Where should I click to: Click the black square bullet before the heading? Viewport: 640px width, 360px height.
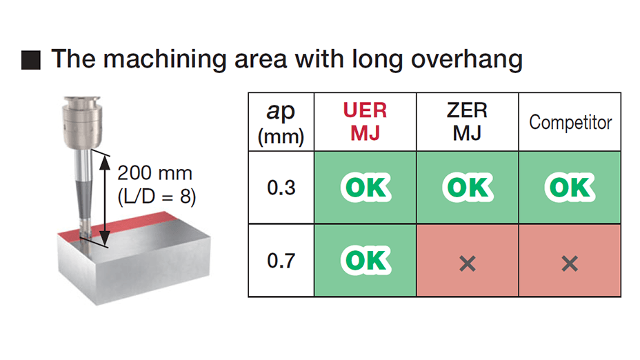[x=31, y=60]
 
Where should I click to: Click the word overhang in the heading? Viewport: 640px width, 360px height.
[x=466, y=59]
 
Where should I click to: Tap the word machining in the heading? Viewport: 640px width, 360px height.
[x=165, y=59]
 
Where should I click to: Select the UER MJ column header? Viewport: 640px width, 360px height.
[x=365, y=121]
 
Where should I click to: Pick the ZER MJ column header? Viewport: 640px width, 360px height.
[x=467, y=121]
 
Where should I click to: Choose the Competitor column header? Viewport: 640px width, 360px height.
[x=570, y=122]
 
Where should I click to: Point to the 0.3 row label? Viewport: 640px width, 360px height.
[x=281, y=188]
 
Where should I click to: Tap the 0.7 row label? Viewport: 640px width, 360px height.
[x=281, y=261]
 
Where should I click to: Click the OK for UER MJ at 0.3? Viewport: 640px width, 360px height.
[x=366, y=188]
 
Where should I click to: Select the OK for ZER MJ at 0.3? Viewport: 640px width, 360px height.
[x=468, y=188]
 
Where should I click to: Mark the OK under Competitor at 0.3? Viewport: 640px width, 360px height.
[x=570, y=188]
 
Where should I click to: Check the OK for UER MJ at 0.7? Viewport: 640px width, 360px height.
[x=366, y=261]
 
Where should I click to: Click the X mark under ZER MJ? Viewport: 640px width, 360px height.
[x=468, y=263]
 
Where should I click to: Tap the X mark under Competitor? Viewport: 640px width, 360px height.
[x=570, y=263]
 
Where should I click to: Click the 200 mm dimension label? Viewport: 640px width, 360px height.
[x=154, y=173]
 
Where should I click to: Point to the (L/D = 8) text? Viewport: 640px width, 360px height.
[x=157, y=197]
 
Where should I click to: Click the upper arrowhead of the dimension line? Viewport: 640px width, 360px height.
[x=105, y=163]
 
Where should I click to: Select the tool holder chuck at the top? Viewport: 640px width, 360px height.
[x=81, y=123]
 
